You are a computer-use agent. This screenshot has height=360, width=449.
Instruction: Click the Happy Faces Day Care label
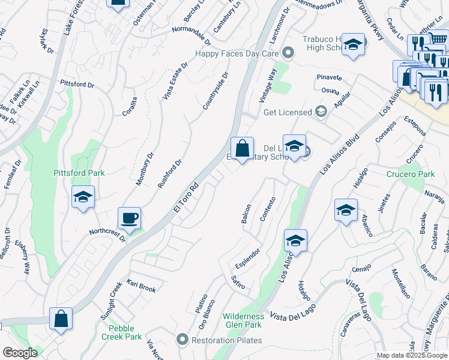[238, 53]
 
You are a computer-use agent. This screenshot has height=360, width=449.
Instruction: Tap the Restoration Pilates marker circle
[183, 340]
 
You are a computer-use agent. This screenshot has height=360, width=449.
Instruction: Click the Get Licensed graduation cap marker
[321, 112]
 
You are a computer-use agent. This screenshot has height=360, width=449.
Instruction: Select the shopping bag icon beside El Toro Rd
[242, 148]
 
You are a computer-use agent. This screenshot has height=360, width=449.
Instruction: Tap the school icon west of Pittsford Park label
[83, 197]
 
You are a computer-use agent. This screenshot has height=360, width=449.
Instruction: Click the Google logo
[19, 353]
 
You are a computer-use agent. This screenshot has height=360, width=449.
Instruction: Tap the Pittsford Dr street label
[77, 84]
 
